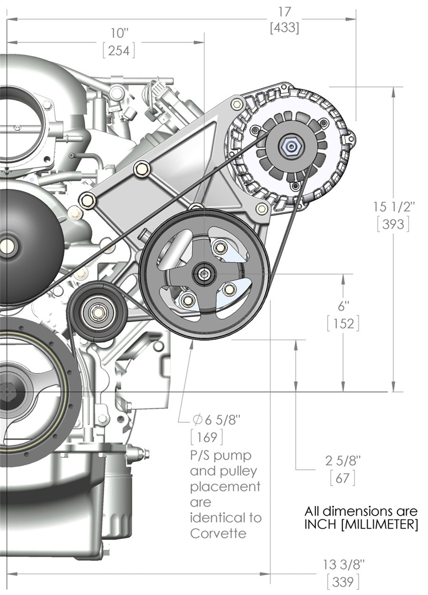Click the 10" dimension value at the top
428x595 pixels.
pyautogui.click(x=119, y=33)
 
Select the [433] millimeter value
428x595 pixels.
pyautogui.click(x=284, y=28)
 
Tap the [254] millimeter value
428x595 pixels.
pyautogui.click(x=119, y=51)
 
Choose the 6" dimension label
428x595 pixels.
pyautogui.click(x=343, y=306)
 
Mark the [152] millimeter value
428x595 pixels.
pyautogui.click(x=343, y=324)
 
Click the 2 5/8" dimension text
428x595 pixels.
pyautogui.click(x=343, y=461)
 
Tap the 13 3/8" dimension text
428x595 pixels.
pyautogui.click(x=343, y=564)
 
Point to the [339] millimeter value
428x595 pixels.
pyautogui.click(x=343, y=582)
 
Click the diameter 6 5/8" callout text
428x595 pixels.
pyautogui.click(x=216, y=419)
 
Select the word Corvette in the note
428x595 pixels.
pyautogui.click(x=218, y=534)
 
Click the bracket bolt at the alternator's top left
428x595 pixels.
pyautogui.click(x=237, y=104)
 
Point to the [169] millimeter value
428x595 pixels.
pyautogui.click(x=207, y=437)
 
